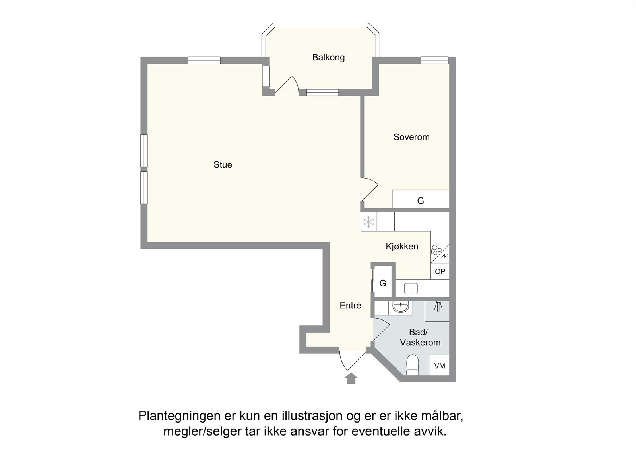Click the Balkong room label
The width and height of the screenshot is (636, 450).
click(x=328, y=58)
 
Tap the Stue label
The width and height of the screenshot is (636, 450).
click(x=223, y=165)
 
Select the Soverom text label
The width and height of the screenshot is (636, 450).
click(x=411, y=137)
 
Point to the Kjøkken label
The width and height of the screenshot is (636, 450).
click(x=402, y=247)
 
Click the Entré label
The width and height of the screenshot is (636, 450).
click(x=350, y=306)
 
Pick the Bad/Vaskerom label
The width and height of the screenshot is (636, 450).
click(x=420, y=337)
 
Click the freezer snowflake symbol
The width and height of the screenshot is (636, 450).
click(x=369, y=222)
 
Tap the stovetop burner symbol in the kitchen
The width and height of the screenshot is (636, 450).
click(x=436, y=250)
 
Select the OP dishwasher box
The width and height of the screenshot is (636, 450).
click(x=440, y=271)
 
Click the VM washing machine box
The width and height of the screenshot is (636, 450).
click(x=439, y=365)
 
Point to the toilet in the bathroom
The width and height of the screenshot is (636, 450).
click(x=413, y=365)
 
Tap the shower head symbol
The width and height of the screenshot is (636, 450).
click(x=438, y=306)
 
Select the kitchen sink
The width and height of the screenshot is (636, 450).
click(x=411, y=288)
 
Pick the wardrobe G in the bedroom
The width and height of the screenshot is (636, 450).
click(x=421, y=200)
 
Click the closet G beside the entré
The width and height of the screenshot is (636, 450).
click(x=383, y=283)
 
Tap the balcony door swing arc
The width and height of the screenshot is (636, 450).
click(x=293, y=82)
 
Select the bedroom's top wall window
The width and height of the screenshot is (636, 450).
click(x=434, y=60)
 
